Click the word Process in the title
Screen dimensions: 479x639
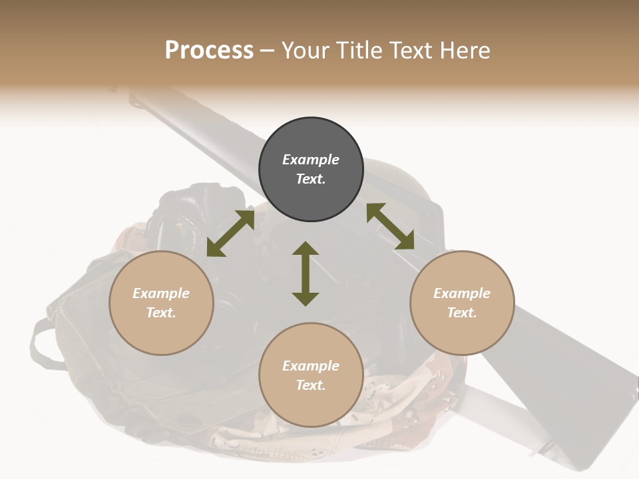pos(209,51)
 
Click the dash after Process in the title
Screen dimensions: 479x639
pos(267,51)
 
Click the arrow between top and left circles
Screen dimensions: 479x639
pos(230,233)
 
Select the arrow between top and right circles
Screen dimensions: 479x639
pos(391,226)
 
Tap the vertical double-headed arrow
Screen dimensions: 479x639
pos(306,273)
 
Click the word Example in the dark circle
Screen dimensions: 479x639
pos(311,160)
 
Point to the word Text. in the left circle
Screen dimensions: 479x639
pos(161,313)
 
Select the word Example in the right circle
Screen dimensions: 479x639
pos(462,293)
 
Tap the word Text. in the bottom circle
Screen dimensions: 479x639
pos(311,385)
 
